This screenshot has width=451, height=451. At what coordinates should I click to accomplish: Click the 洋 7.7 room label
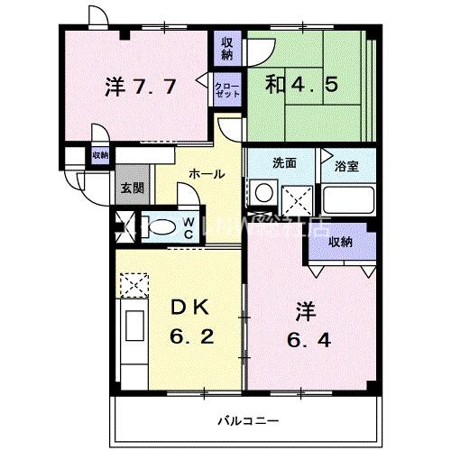click(140, 87)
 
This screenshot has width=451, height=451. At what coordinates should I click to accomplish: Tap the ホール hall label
click(207, 174)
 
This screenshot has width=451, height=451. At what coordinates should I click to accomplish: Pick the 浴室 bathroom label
click(347, 166)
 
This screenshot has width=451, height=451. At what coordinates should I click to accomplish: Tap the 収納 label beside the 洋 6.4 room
click(340, 242)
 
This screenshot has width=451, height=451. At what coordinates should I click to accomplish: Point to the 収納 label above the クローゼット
click(226, 46)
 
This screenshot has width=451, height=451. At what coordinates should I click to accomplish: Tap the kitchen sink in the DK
click(133, 326)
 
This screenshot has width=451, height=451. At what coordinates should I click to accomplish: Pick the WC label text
click(189, 226)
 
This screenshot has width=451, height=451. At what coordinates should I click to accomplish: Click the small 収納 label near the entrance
click(99, 155)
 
